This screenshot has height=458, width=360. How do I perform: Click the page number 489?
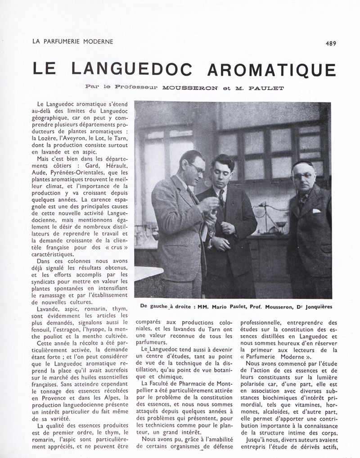331,44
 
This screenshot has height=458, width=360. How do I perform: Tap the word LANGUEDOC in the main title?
131,68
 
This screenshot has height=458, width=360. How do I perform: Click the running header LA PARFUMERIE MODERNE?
72,42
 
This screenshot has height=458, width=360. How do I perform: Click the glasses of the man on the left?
197,168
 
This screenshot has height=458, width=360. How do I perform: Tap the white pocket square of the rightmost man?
317,211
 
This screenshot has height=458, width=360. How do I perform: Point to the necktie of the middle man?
222,198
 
